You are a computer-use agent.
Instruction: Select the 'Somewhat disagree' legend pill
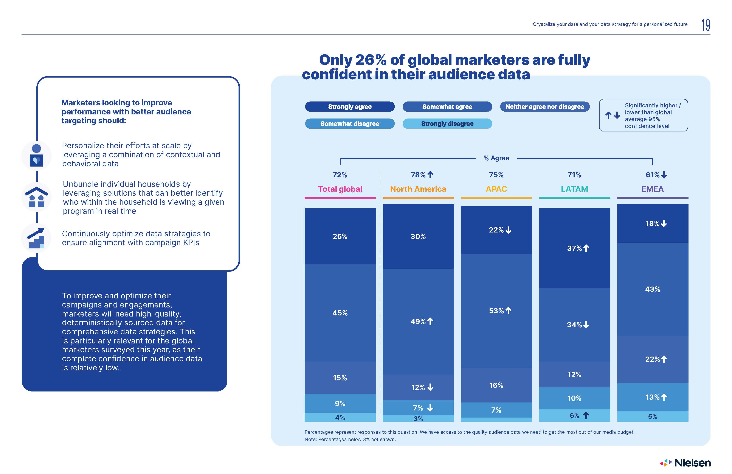click(x=350, y=124)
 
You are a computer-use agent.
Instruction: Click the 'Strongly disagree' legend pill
click(x=447, y=124)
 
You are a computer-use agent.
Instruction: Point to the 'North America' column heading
click(x=418, y=189)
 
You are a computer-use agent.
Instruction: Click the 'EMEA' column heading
click(x=652, y=189)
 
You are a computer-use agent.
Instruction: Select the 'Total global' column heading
click(x=340, y=189)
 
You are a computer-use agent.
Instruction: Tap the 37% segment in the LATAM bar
click(x=574, y=248)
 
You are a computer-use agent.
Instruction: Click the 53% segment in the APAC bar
click(x=496, y=311)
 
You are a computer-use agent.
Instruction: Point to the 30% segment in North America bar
click(x=418, y=236)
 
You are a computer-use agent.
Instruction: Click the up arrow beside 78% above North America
click(x=430, y=175)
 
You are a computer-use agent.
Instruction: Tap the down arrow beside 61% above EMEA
click(x=664, y=175)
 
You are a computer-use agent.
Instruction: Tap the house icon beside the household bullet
click(x=36, y=197)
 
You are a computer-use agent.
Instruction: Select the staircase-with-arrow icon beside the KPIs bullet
click(x=36, y=238)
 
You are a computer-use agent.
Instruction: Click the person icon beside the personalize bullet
click(x=36, y=155)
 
